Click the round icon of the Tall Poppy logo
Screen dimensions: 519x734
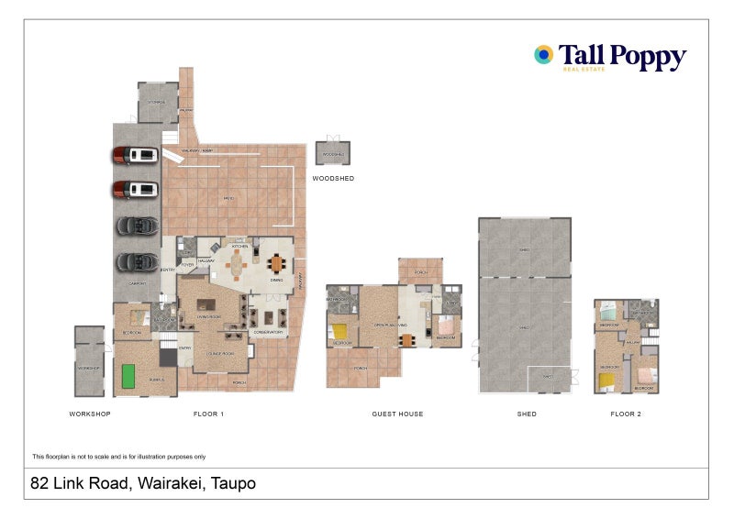coord(544,55)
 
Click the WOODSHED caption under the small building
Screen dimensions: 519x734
coord(333,179)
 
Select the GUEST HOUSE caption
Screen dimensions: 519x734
coord(397,414)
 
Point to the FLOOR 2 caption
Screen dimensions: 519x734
coord(627,414)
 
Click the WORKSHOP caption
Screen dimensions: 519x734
coord(90,414)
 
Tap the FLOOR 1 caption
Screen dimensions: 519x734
coord(209,414)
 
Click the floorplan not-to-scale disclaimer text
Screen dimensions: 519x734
coord(118,457)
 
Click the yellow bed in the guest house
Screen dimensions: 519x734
coord(339,331)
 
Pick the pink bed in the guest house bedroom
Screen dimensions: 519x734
coord(445,325)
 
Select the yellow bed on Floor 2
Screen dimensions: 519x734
coord(606,376)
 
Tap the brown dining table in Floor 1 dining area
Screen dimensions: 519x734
coord(277,263)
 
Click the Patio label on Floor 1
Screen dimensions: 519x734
coord(228,198)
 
